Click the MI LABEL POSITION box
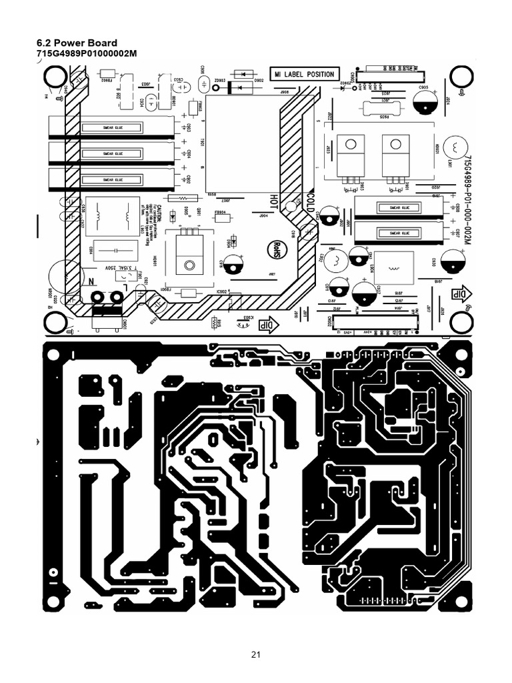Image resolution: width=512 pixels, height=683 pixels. (x=304, y=74)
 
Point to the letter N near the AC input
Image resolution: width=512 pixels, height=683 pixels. (x=85, y=282)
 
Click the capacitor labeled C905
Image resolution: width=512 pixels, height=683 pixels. (x=425, y=101)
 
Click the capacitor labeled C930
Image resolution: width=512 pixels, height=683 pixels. (x=452, y=259)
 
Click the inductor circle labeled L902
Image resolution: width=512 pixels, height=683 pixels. (x=337, y=260)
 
